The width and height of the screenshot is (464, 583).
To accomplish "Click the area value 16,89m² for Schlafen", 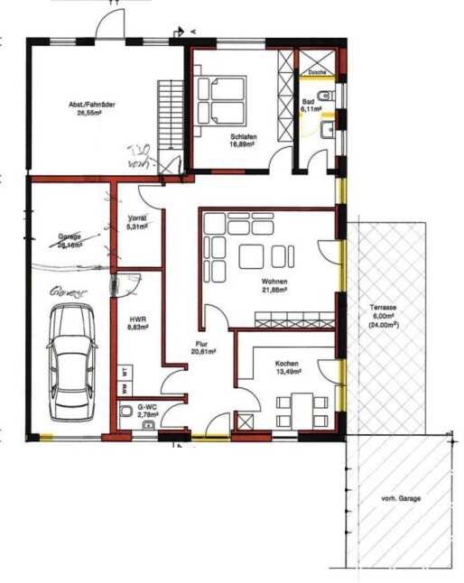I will [241, 143].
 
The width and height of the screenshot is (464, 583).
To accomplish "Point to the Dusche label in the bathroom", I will [316, 72].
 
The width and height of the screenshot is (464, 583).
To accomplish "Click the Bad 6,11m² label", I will [309, 105].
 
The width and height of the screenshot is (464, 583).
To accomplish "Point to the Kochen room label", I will [288, 365].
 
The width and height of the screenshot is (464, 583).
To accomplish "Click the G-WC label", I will [147, 410].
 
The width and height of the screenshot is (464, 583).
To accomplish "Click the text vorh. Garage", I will [401, 498].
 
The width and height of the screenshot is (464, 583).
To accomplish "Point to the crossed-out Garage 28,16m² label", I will [70, 239].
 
